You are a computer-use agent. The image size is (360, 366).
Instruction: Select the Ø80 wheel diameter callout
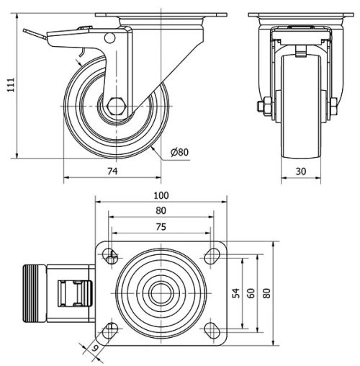tap(179, 151)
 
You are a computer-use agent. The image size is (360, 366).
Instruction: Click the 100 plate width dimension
tap(161, 195)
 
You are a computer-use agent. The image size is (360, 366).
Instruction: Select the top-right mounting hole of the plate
tap(212, 255)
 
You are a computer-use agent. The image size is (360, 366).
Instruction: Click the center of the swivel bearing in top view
tap(161, 293)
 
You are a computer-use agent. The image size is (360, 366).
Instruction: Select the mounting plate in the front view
tap(297, 17)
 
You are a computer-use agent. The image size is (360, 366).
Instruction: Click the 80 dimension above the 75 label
tap(161, 211)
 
